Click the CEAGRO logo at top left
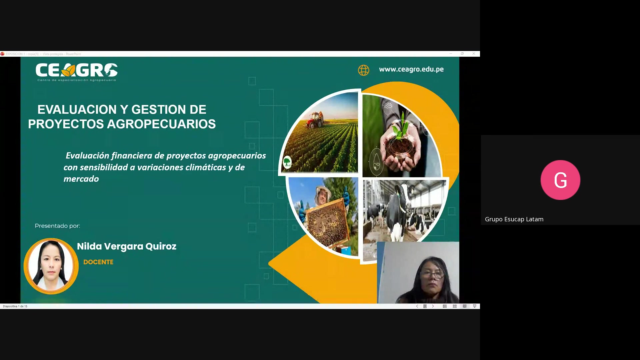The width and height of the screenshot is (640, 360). coord(76,72)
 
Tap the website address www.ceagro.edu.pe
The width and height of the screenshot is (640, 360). coord(411,69)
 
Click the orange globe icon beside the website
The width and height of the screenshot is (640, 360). coord(363,70)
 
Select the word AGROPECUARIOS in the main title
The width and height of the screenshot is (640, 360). coord(161,124)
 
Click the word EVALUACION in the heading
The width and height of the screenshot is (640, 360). coord(77,110)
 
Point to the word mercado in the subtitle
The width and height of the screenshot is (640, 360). coord(81,179)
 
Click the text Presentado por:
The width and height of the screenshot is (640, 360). coord(57,226)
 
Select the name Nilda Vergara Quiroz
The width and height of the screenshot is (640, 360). coord(127,246)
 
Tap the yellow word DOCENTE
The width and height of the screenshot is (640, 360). coord(98,262)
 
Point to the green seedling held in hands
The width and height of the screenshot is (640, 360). coord(401,128)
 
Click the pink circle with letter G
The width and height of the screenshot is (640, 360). coord(560,180)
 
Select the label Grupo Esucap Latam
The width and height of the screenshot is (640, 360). coord(514,219)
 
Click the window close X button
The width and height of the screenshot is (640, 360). coord(474,54)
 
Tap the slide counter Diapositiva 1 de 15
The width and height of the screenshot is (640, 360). coord(15,306)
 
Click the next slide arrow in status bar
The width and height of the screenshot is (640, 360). coord(433,306)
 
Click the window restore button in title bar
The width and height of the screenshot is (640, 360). coord(462,54)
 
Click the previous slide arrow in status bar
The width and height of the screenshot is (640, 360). coord(417,306)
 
